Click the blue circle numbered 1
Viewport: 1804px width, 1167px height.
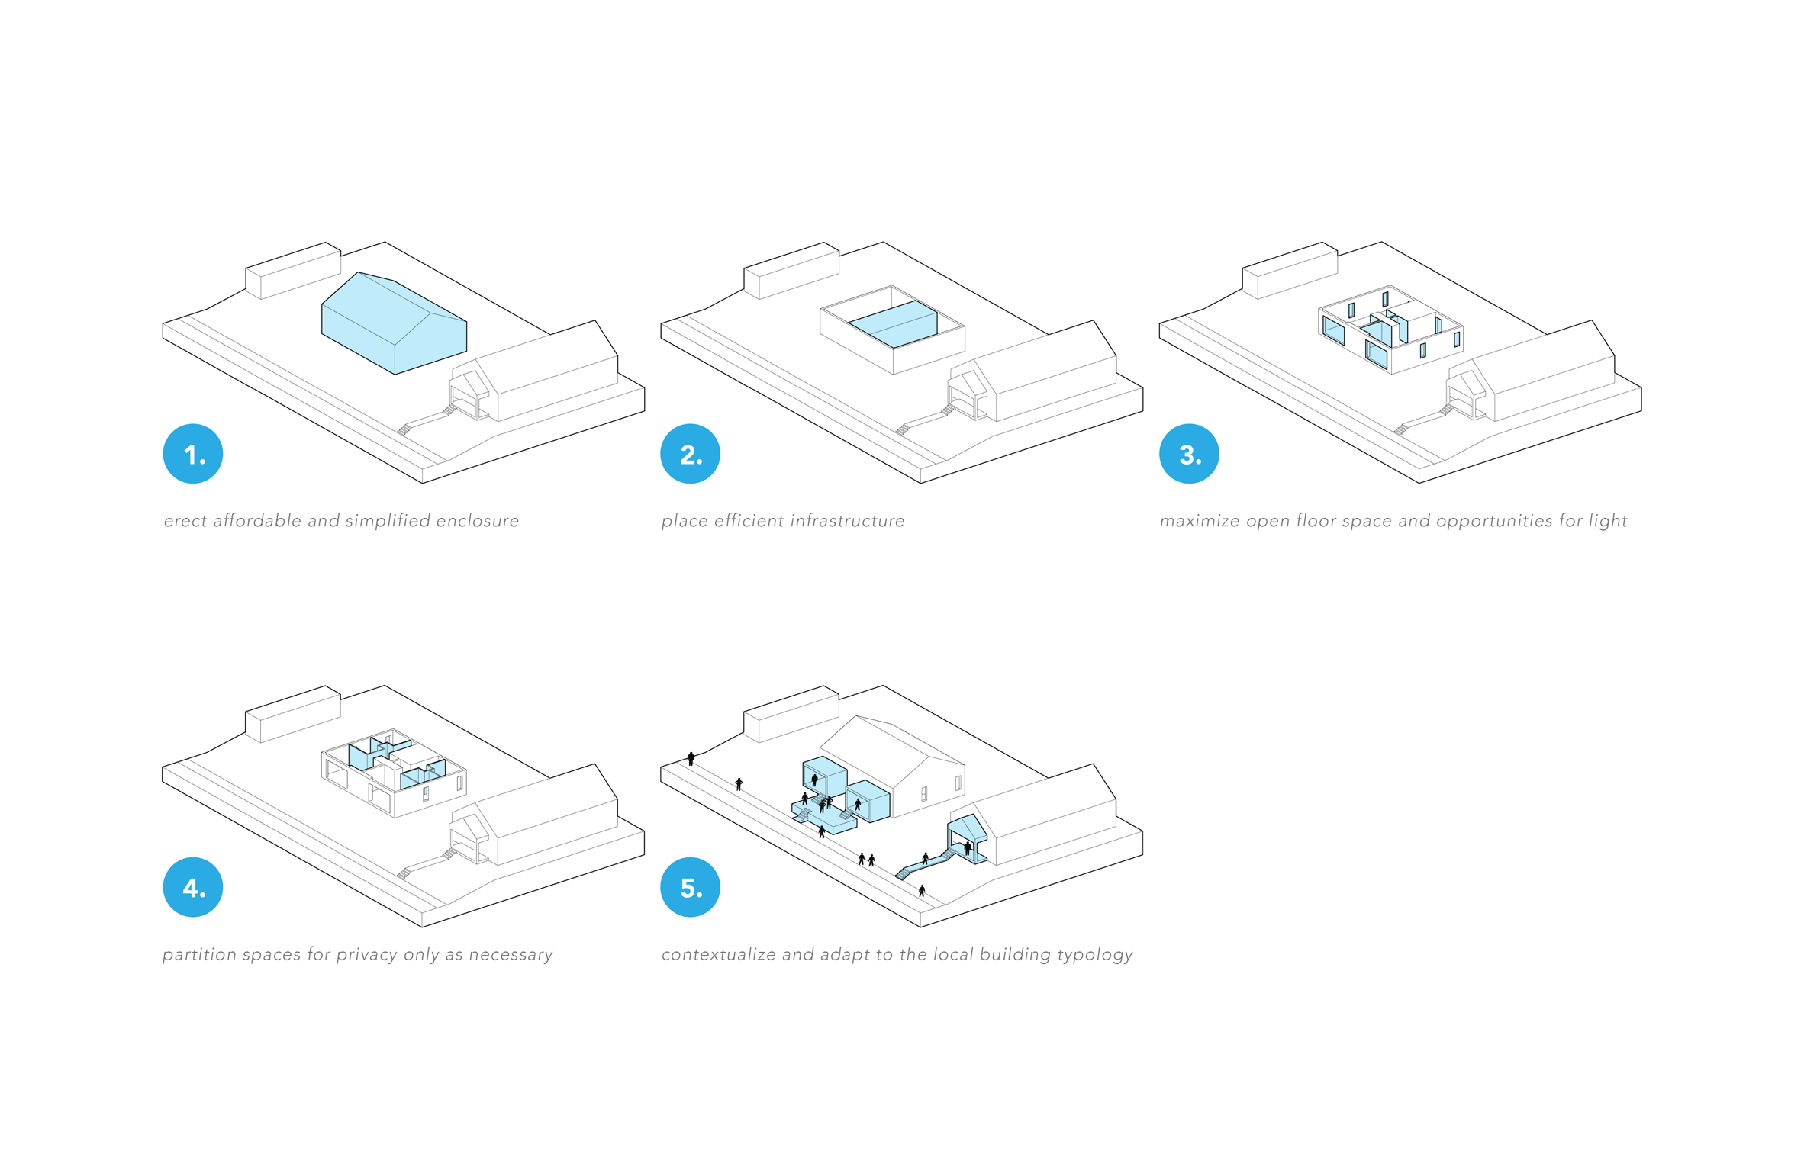tap(192, 454)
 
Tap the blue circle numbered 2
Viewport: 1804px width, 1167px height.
tap(690, 454)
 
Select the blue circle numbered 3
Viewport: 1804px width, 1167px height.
tap(1188, 454)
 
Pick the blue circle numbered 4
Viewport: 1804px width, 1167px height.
tap(192, 887)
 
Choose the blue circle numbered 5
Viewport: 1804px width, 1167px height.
tap(690, 887)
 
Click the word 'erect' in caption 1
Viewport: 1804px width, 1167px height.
tap(185, 521)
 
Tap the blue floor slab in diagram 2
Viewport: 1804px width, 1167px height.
tap(892, 324)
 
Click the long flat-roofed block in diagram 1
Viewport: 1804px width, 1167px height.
tap(293, 271)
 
